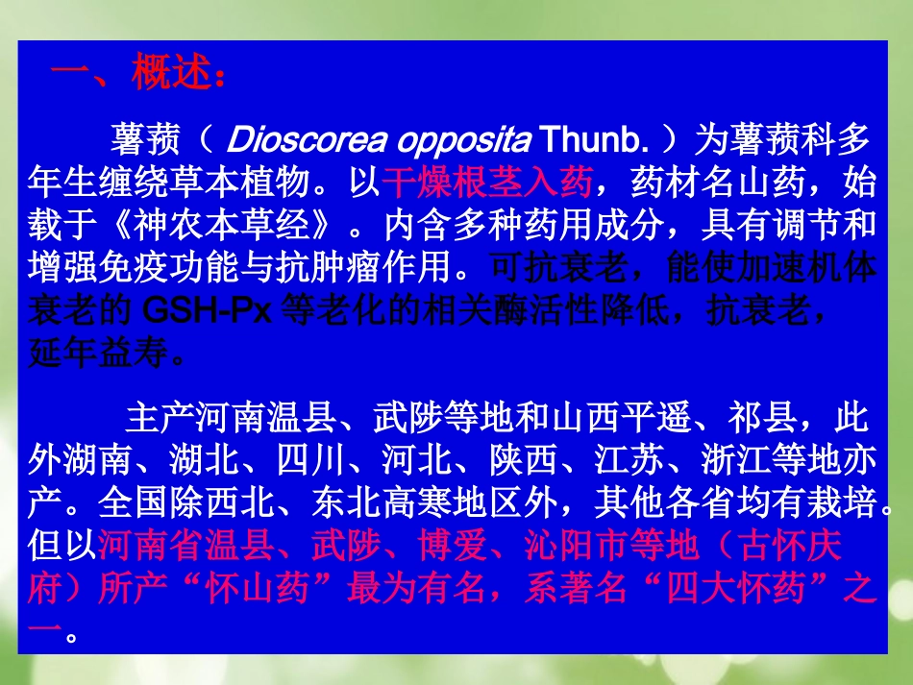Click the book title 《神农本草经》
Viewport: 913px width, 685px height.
(x=220, y=225)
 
